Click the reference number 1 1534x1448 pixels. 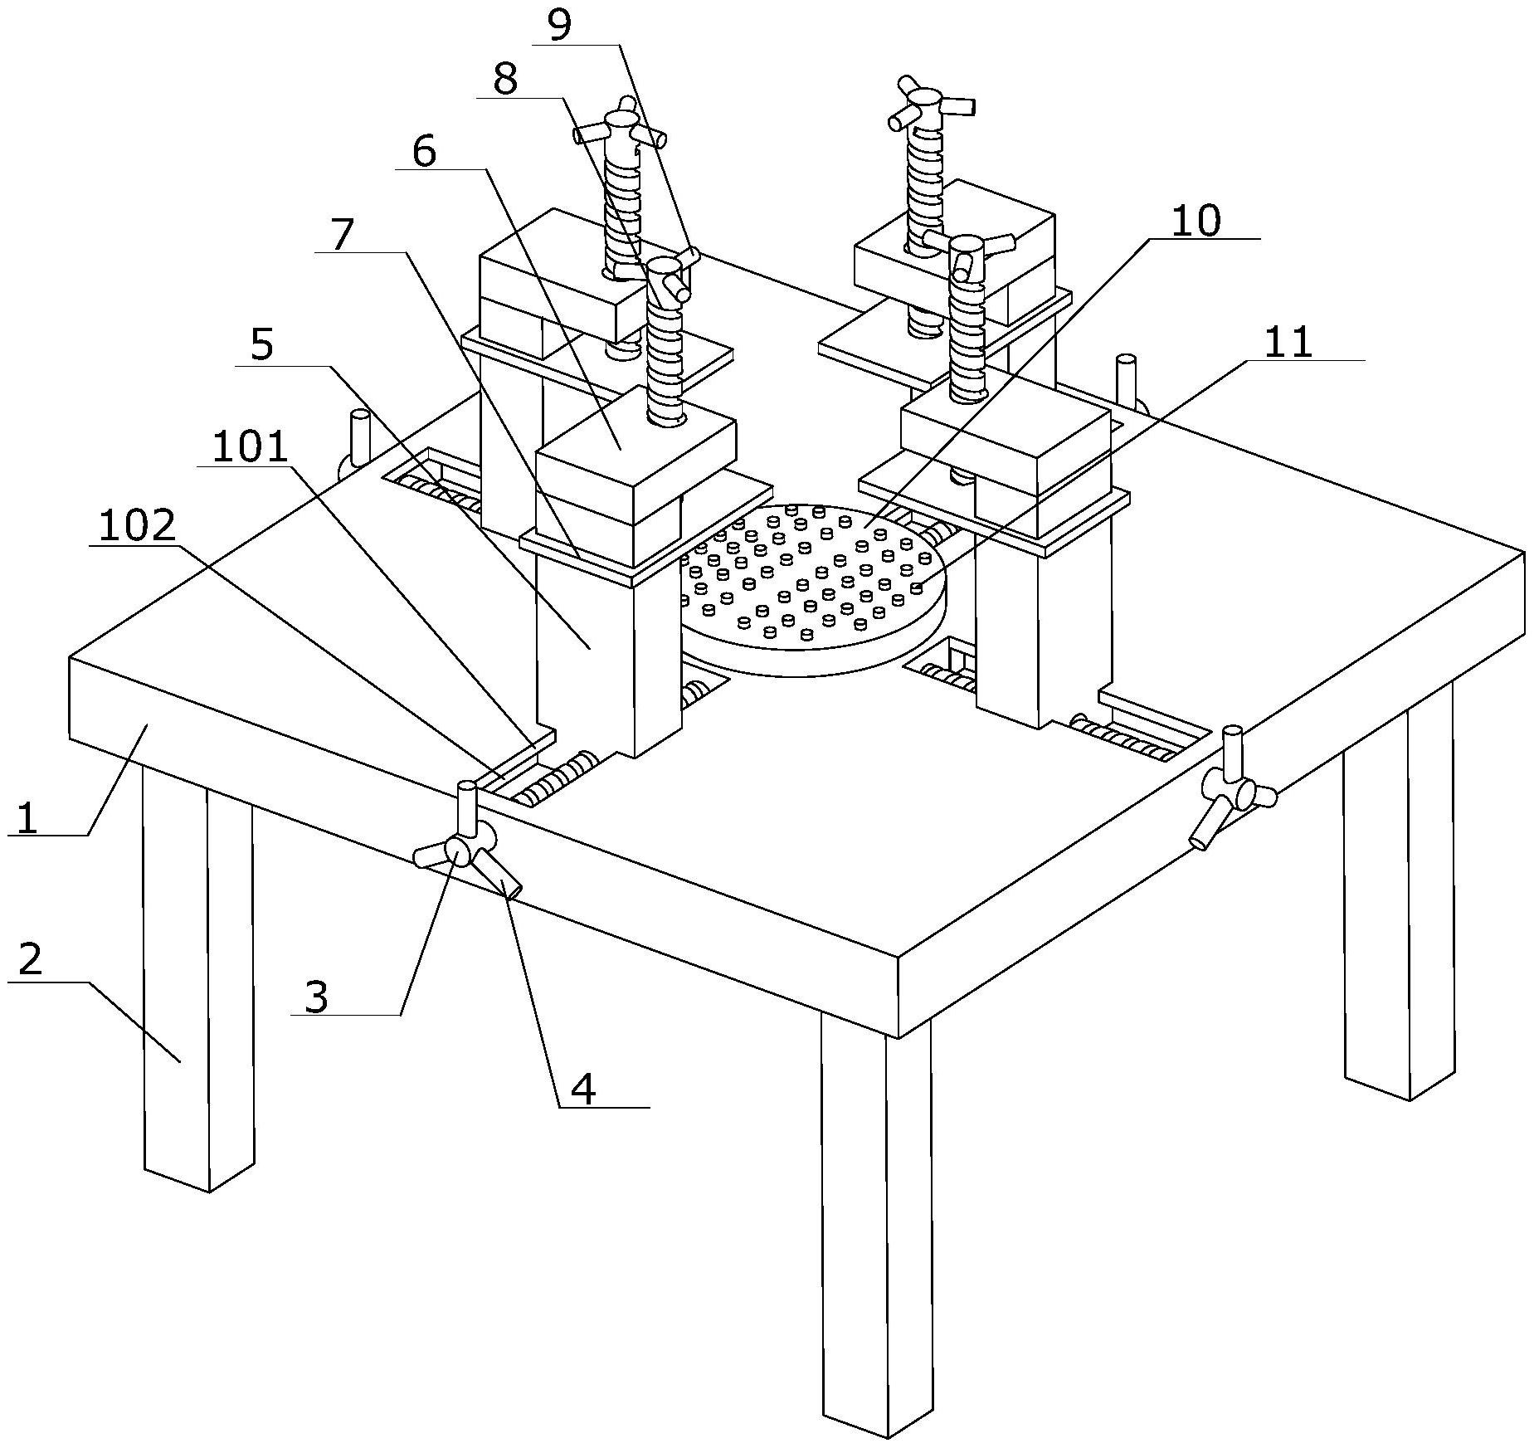tap(27, 817)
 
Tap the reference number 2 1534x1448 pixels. tap(30, 960)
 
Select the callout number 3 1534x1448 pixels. tap(316, 996)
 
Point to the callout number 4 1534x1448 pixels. tap(584, 1089)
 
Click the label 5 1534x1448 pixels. tap(261, 344)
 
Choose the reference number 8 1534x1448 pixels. tap(504, 80)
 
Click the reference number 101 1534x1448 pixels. tap(250, 448)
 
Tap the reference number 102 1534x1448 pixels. tap(138, 526)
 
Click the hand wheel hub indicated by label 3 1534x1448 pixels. tap(458, 851)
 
